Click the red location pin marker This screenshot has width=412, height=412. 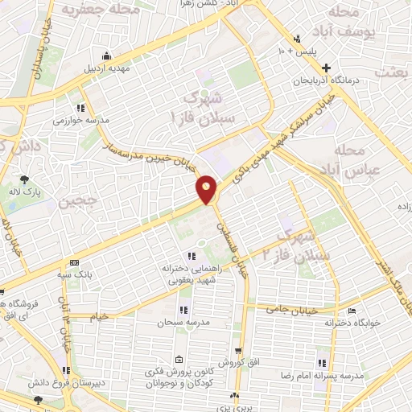pyautogui.click(x=207, y=190)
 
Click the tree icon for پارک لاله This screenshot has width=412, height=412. pyautogui.click(x=25, y=179)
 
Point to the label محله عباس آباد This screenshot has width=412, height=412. pyautogui.click(x=353, y=161)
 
